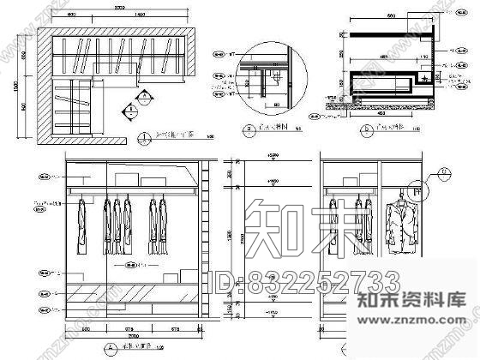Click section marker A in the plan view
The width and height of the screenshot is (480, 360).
point(127,110)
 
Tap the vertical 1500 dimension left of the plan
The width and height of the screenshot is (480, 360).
point(20,82)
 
